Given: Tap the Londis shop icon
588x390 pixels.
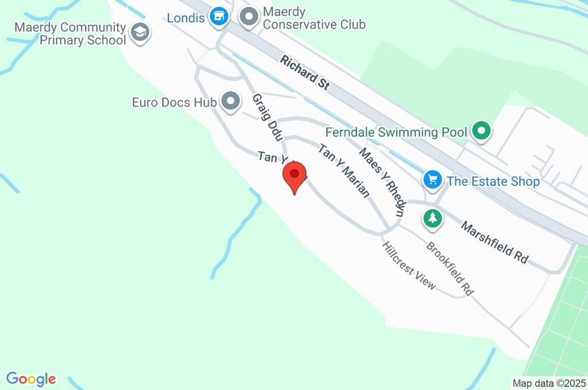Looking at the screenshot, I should (218, 16).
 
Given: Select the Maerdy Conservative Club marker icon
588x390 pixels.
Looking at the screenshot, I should (249, 17).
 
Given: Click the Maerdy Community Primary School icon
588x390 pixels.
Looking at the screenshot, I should (140, 33).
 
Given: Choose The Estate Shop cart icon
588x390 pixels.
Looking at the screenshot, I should (432, 180).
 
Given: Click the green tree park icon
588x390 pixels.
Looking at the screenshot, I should (433, 218).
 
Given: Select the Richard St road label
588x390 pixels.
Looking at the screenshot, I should (305, 72).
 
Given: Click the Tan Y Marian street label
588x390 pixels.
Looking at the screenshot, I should (343, 170).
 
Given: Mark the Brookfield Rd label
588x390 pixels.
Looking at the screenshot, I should (450, 268).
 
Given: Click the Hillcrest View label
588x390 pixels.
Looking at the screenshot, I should (409, 265).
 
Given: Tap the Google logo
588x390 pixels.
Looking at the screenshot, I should (31, 379).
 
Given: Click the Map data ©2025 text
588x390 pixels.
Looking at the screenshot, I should (550, 383).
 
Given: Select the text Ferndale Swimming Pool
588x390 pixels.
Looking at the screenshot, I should (396, 132).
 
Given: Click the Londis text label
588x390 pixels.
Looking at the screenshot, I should (185, 18).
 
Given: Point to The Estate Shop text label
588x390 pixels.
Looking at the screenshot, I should (493, 182).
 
